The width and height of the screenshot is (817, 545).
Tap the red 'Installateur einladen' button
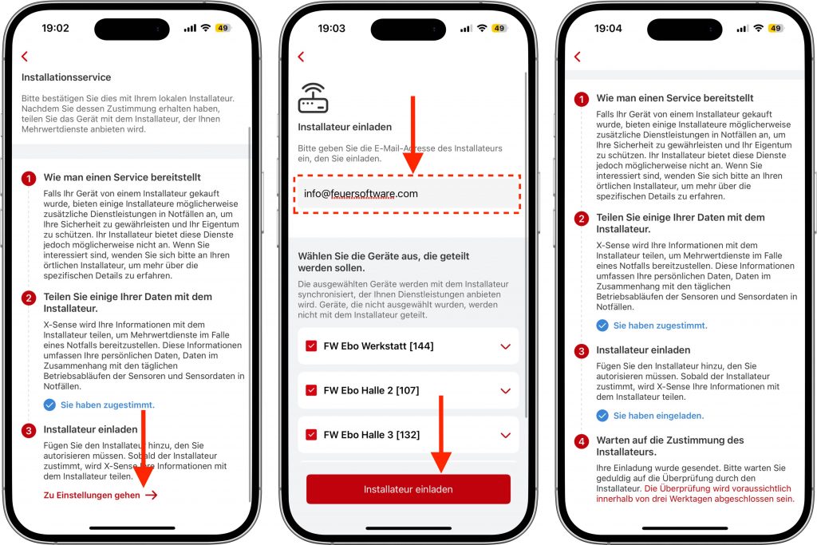(408, 488)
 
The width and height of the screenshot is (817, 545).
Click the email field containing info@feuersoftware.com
(407, 194)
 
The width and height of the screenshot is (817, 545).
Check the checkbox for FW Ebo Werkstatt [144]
(311, 346)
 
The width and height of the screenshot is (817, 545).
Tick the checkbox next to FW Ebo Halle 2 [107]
(311, 390)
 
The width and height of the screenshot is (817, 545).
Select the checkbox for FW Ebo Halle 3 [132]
(311, 435)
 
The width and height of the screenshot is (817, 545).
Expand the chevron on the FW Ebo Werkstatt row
(505, 346)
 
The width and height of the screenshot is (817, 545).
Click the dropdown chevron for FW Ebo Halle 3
(505, 435)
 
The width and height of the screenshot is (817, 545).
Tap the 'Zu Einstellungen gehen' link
(100, 495)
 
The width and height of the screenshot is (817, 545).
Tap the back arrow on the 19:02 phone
(25, 57)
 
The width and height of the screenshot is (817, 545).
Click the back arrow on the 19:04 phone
(577, 57)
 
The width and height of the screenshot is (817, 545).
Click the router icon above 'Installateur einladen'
(313, 98)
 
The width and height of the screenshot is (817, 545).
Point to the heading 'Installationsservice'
(66, 77)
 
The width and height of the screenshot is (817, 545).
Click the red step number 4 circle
(582, 442)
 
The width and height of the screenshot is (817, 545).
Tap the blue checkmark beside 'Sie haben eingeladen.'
(602, 415)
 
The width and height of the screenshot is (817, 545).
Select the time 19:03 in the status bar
(331, 28)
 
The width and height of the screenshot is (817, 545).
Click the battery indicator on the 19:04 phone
(776, 28)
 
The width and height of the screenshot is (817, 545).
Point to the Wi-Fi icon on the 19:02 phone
(206, 28)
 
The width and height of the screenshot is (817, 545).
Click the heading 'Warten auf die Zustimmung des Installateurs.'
(670, 446)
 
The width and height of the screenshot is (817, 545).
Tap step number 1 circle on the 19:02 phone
(29, 179)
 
